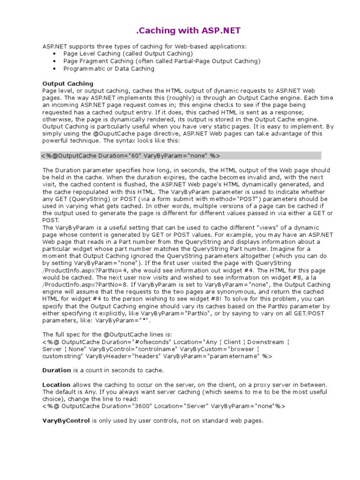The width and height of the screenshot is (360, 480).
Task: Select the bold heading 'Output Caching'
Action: (61, 83)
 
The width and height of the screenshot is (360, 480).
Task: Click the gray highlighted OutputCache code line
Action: (131, 156)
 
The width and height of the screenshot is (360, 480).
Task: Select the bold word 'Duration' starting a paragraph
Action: (57, 370)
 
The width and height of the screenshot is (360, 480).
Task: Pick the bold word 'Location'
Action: (56, 385)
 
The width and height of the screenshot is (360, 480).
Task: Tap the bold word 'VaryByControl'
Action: (66, 421)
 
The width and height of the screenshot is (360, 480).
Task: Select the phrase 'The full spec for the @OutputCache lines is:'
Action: (107, 335)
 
